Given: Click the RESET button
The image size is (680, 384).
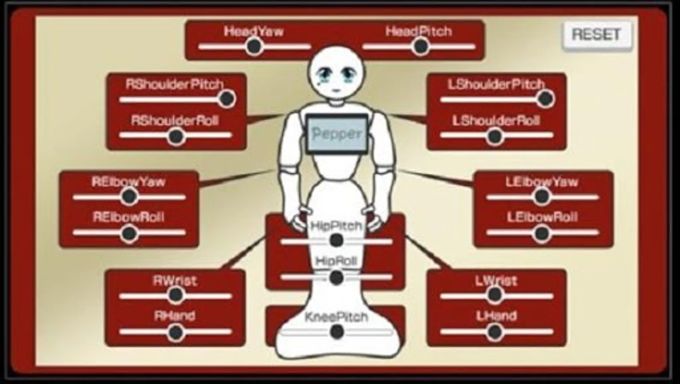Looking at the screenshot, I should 596,34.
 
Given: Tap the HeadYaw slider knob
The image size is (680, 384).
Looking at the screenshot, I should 254,46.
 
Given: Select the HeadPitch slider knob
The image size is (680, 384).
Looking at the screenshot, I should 420,46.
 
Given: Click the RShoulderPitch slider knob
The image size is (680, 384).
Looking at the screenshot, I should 227,99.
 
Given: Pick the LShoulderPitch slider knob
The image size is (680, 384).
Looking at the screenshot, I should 545,99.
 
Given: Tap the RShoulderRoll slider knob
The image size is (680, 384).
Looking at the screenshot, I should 175,137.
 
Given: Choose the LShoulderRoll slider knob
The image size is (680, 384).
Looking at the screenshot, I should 494,137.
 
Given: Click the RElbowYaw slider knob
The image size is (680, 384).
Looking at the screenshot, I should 129,197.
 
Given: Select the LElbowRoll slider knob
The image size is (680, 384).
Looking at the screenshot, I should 542,233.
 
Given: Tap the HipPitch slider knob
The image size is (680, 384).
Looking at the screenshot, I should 336,241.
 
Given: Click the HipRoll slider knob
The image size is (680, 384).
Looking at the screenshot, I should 336,278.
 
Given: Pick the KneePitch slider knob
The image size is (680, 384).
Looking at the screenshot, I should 337,331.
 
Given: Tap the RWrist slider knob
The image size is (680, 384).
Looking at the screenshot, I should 175,294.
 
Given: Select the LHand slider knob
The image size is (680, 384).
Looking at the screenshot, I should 494,332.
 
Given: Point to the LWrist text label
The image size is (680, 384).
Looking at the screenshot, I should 496,281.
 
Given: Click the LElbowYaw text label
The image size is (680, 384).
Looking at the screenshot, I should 542,182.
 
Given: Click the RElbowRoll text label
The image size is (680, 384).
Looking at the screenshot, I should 128,218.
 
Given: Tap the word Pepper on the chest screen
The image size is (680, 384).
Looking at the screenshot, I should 337,134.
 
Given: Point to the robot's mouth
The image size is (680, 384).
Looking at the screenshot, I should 336,90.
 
